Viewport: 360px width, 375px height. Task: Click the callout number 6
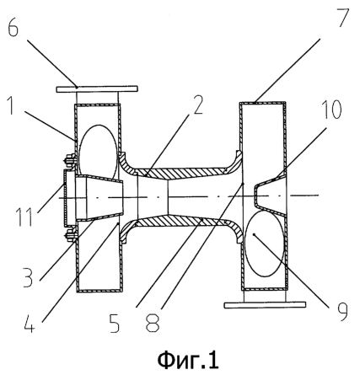tap(13, 28)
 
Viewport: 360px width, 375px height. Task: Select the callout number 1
tap(11, 105)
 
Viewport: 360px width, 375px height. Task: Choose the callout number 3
tap(28, 277)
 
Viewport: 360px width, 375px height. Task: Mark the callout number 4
tap(30, 324)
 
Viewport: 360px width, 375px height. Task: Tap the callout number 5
tap(115, 323)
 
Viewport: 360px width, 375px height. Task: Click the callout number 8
tap(153, 323)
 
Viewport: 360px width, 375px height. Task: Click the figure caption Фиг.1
tap(188, 361)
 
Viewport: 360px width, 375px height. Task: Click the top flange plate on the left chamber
tap(97, 89)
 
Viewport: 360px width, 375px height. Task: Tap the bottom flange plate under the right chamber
tap(265, 305)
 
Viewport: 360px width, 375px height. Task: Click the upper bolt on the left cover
tap(70, 161)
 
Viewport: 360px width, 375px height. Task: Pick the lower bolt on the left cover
tap(70, 236)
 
